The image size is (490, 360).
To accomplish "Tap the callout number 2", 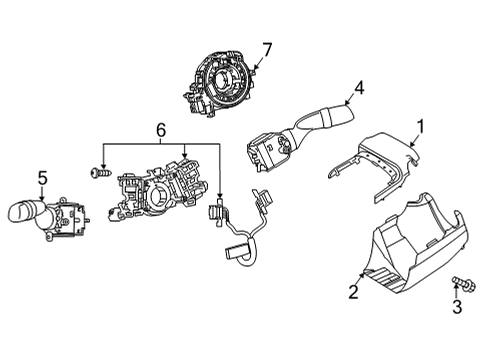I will tap(352, 292).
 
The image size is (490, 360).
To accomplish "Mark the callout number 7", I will tap(267, 48).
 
